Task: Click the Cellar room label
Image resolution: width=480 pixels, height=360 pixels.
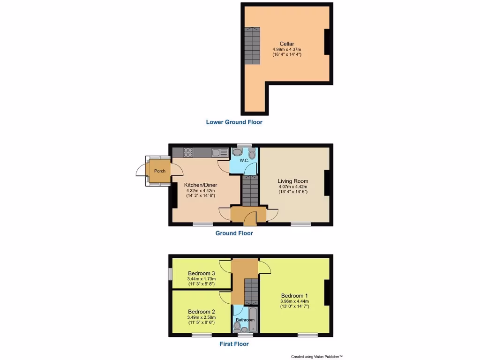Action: coord(287,44)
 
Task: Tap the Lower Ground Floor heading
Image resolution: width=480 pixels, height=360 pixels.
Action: coord(234,122)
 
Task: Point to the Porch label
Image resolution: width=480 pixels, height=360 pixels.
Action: coord(159,171)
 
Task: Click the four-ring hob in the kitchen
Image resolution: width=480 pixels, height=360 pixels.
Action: coord(188,152)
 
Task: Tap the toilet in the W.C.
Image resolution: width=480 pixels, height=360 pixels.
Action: coord(252,154)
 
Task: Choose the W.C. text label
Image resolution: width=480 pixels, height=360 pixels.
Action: coord(244,161)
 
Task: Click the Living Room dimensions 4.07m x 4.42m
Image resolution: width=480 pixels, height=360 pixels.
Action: coord(292,187)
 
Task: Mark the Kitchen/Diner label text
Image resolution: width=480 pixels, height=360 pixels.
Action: coord(201,185)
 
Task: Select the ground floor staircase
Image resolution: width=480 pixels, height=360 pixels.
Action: coord(250,190)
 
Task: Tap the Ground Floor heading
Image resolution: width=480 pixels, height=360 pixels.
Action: coord(234,233)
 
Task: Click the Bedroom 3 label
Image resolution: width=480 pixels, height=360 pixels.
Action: coord(201,273)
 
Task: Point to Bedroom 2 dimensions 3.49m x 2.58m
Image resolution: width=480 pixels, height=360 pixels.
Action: coord(201,317)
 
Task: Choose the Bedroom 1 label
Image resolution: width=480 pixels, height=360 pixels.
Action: coord(294,295)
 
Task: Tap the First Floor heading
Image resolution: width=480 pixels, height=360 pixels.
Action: coord(234,344)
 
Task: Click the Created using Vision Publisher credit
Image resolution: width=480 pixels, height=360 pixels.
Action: coord(316,357)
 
